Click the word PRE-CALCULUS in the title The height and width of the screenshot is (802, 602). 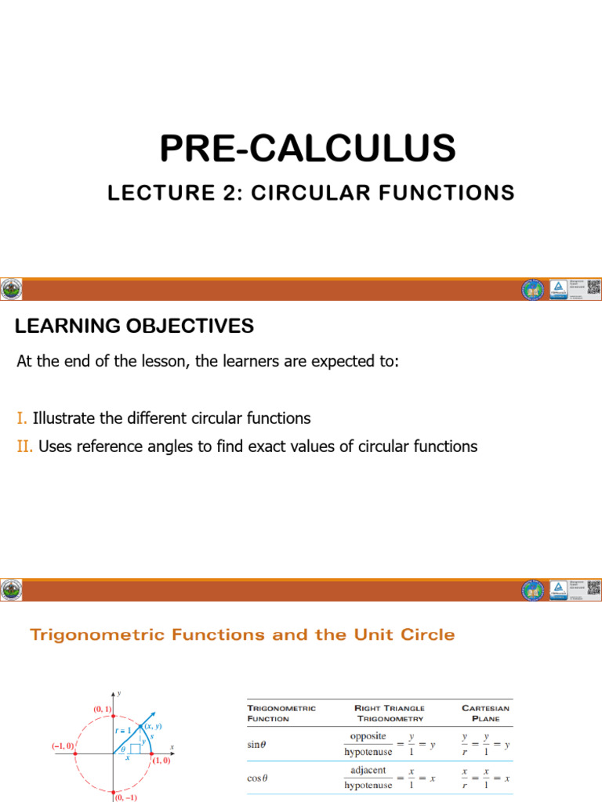pos(307,148)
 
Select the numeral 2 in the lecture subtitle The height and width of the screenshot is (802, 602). pos(230,193)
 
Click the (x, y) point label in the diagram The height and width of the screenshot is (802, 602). pos(152,727)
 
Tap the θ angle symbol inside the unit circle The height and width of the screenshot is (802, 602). pos(123,749)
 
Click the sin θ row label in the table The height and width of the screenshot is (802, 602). pos(256,745)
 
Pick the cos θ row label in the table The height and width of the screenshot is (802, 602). pos(257,778)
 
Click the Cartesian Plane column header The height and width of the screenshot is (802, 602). pos(485,713)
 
